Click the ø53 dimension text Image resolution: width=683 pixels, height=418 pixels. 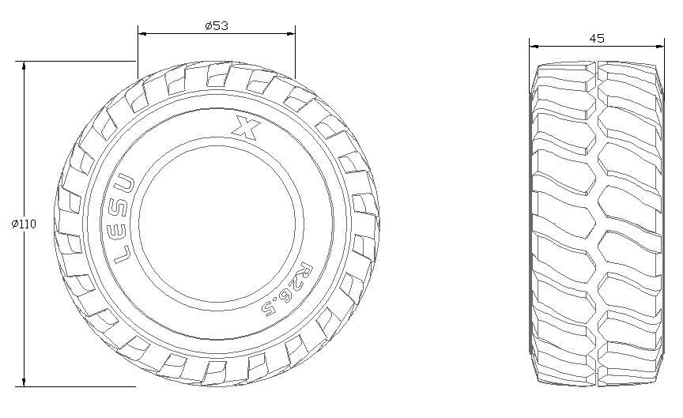(x=216, y=25)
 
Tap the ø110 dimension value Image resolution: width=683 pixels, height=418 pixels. (x=24, y=224)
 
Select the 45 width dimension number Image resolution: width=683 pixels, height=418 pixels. (x=597, y=37)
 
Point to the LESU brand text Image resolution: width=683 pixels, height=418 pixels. (x=125, y=219)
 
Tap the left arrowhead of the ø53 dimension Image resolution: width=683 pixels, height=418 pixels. (x=142, y=34)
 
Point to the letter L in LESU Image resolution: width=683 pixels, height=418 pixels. (x=123, y=254)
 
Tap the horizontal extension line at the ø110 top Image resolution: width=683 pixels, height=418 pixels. (x=79, y=61)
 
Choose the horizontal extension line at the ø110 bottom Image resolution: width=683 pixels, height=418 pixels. (x=79, y=386)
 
